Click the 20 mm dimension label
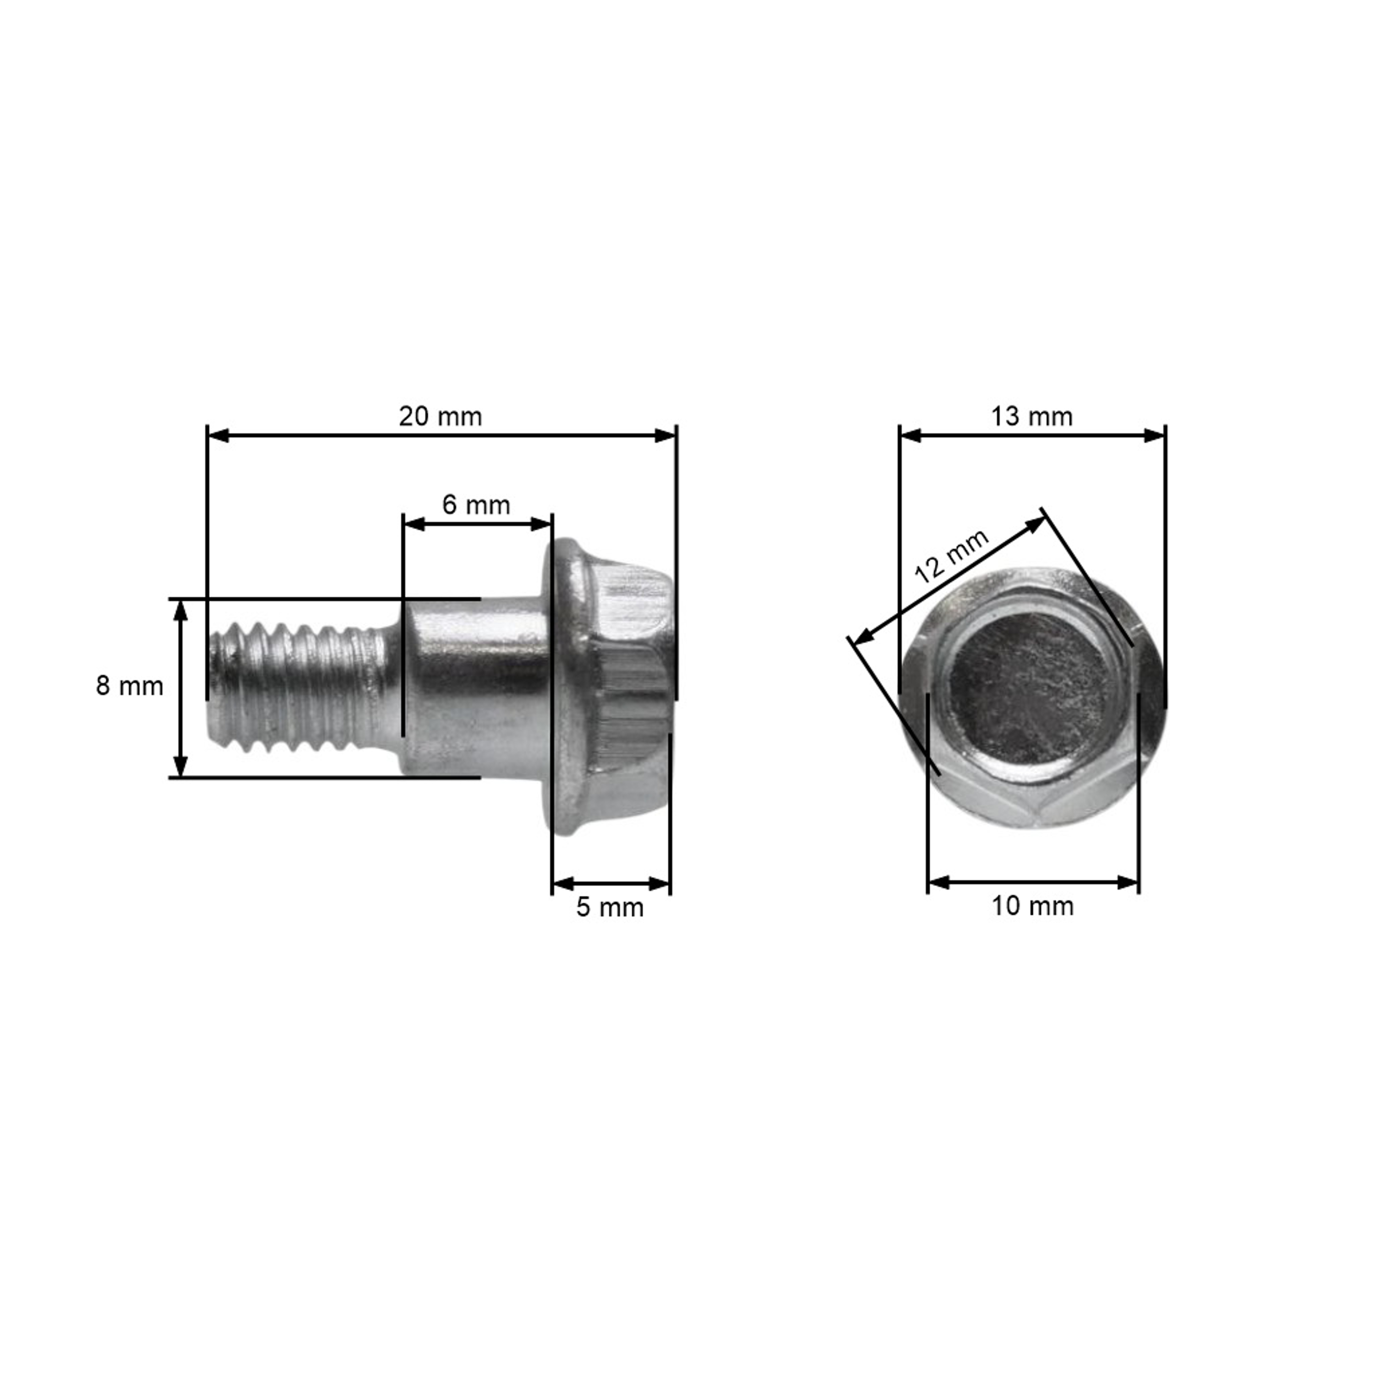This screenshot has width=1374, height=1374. click(x=440, y=417)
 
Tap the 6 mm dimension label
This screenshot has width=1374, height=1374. click(x=476, y=505)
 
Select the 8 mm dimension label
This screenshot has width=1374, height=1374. click(x=130, y=686)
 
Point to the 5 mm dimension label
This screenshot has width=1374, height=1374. click(x=610, y=908)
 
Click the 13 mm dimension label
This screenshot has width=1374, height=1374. click(x=1032, y=417)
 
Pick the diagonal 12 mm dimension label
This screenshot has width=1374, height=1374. click(x=951, y=557)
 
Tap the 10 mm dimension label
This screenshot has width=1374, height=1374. click(x=1033, y=907)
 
